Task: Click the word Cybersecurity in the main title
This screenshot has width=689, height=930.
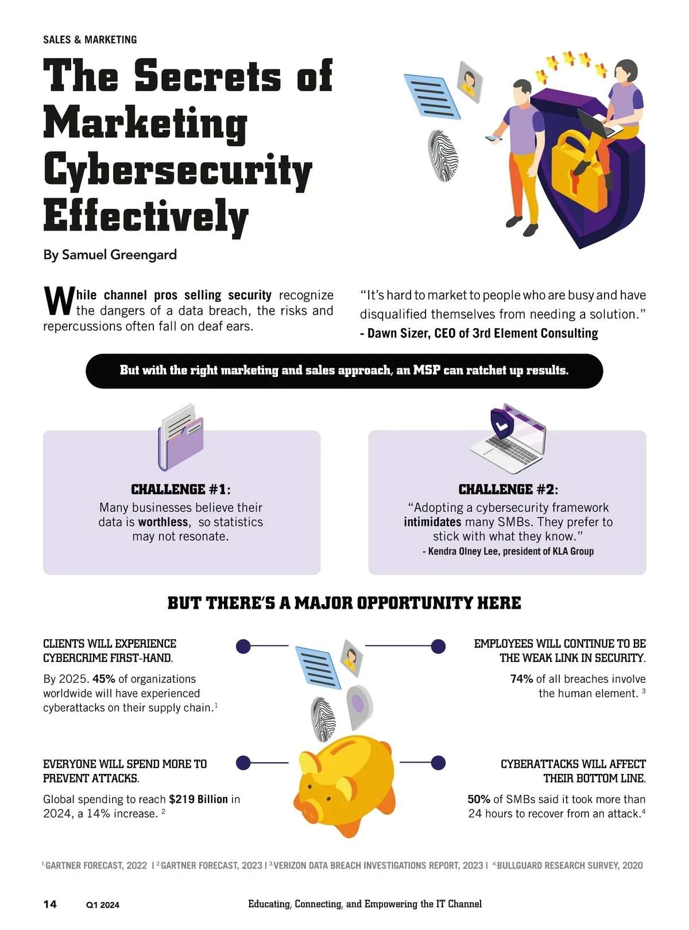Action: (177, 170)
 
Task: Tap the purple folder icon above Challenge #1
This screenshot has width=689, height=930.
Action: (180, 439)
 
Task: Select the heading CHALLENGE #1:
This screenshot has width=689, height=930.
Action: (181, 489)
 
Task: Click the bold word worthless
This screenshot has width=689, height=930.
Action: (163, 522)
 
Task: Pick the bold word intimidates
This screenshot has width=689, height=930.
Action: (432, 522)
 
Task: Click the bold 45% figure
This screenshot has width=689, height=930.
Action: (104, 679)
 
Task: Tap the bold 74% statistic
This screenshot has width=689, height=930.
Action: (521, 679)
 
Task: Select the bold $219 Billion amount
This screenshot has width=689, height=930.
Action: (198, 799)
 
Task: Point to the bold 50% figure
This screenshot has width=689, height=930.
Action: (479, 799)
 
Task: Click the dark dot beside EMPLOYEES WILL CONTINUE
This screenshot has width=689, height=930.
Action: (438, 646)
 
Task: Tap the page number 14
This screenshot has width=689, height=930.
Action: (50, 904)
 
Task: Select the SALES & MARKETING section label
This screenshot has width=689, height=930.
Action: (90, 40)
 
